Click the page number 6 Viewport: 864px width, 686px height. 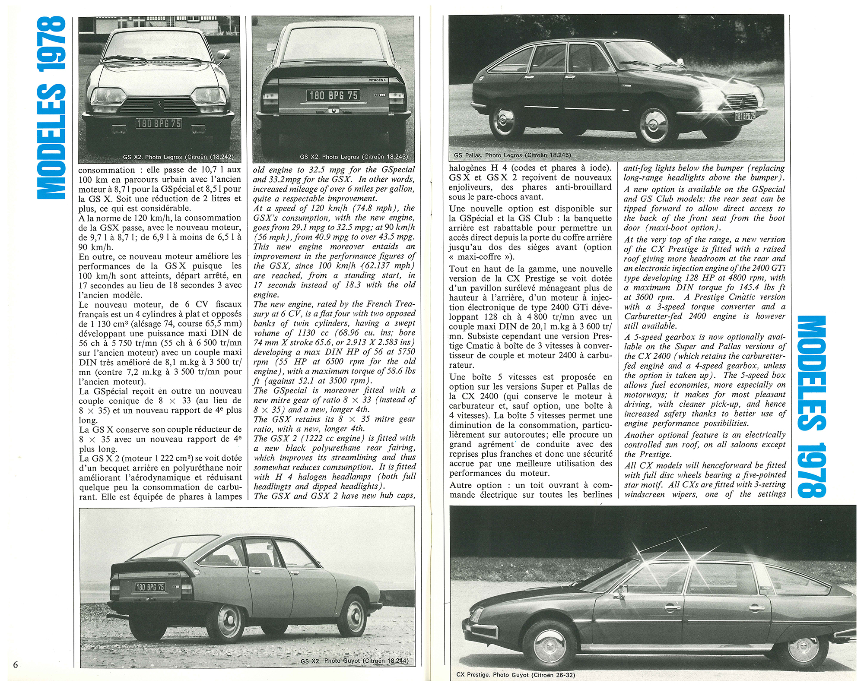coord(16,664)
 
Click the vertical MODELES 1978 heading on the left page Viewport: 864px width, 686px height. coord(51,108)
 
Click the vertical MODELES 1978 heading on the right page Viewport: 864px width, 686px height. coord(811,406)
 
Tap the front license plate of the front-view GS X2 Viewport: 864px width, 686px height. coord(159,123)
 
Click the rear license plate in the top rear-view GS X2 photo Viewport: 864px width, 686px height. coord(333,95)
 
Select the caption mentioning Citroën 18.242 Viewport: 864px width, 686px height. coord(178,157)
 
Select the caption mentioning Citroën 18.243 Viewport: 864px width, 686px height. coord(353,157)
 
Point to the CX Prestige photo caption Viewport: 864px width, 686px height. coord(515,675)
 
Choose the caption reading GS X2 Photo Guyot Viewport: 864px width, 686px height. coord(354,661)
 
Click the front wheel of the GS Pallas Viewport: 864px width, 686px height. coord(654,125)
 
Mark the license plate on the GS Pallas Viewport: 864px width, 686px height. coord(745,116)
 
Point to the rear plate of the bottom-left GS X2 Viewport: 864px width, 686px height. coord(150,587)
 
